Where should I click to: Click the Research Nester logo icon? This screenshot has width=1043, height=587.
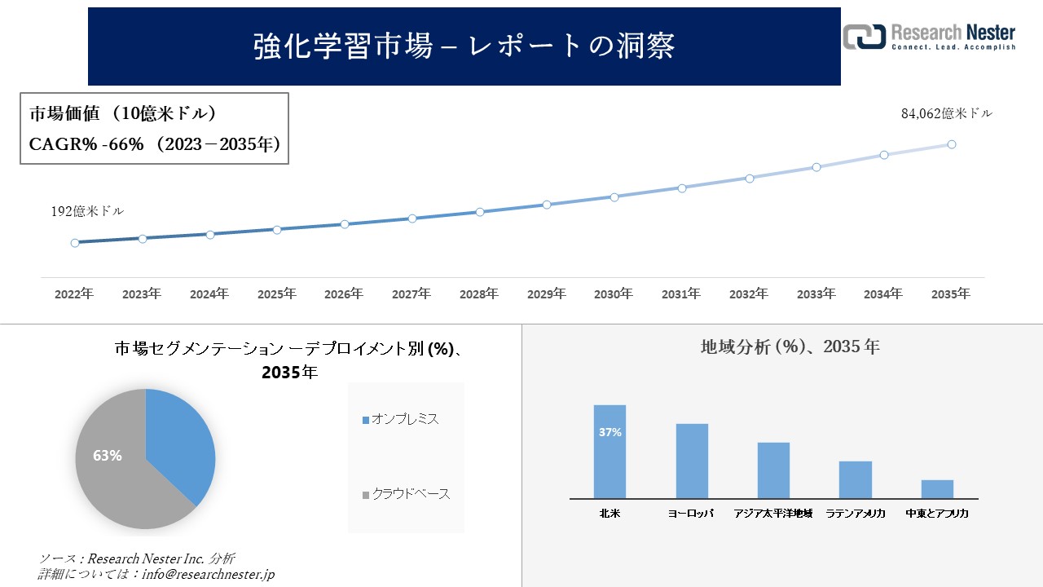click(x=864, y=37)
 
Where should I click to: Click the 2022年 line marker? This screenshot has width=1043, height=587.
click(x=75, y=243)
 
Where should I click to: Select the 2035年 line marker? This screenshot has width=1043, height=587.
click(x=951, y=144)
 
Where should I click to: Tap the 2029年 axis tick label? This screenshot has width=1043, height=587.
click(x=546, y=293)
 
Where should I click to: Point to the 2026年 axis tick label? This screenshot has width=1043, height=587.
click(x=344, y=293)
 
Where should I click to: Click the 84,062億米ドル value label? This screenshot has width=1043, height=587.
click(x=946, y=114)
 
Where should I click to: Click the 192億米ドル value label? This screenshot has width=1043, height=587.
click(x=87, y=211)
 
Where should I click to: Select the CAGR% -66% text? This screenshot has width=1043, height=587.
click(x=86, y=144)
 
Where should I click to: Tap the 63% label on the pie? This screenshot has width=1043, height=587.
click(x=107, y=456)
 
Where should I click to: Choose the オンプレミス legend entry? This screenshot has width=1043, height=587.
click(x=401, y=419)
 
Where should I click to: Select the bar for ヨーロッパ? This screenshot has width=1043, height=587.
click(x=692, y=461)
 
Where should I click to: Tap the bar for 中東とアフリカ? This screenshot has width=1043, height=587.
click(x=937, y=489)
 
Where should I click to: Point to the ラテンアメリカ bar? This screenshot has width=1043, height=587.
click(x=856, y=480)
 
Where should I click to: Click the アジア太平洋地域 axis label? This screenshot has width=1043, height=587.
click(x=772, y=514)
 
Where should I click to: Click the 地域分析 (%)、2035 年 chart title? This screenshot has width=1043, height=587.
click(x=790, y=346)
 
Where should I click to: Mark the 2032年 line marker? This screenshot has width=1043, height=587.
click(x=749, y=178)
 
